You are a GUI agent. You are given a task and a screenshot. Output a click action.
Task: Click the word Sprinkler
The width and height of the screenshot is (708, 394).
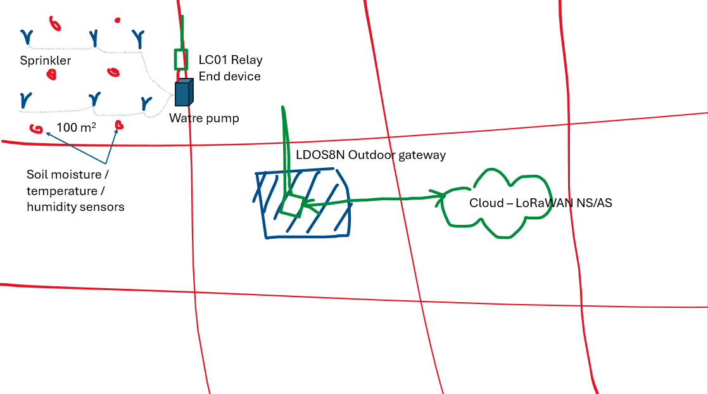45,61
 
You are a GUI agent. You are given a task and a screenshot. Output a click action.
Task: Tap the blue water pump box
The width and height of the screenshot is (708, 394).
184,92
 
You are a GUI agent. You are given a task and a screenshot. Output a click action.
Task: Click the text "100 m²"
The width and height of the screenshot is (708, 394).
76,127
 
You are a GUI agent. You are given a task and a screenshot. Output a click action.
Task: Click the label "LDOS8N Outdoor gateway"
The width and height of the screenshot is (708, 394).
370,155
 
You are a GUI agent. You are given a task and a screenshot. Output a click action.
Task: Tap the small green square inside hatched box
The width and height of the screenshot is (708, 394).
292,206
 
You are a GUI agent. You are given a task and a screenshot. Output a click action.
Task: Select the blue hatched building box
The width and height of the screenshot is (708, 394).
301,203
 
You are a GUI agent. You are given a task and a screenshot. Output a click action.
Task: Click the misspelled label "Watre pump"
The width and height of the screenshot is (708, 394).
204,118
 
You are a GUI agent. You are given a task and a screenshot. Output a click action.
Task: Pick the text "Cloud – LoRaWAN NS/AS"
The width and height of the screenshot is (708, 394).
540,203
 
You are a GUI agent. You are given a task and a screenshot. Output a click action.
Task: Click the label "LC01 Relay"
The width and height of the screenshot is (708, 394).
231,60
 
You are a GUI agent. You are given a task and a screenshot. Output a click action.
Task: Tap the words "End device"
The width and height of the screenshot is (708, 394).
229,77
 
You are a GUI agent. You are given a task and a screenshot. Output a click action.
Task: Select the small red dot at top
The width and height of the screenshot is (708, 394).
118,20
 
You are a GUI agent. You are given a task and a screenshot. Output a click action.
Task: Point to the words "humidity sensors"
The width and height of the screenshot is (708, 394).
75,207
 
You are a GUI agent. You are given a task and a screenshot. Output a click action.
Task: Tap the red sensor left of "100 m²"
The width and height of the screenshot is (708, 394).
36,129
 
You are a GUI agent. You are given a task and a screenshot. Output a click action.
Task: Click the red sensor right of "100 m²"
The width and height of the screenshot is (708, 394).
119,125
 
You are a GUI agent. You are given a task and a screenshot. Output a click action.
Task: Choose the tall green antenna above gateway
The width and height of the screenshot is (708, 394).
285,151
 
